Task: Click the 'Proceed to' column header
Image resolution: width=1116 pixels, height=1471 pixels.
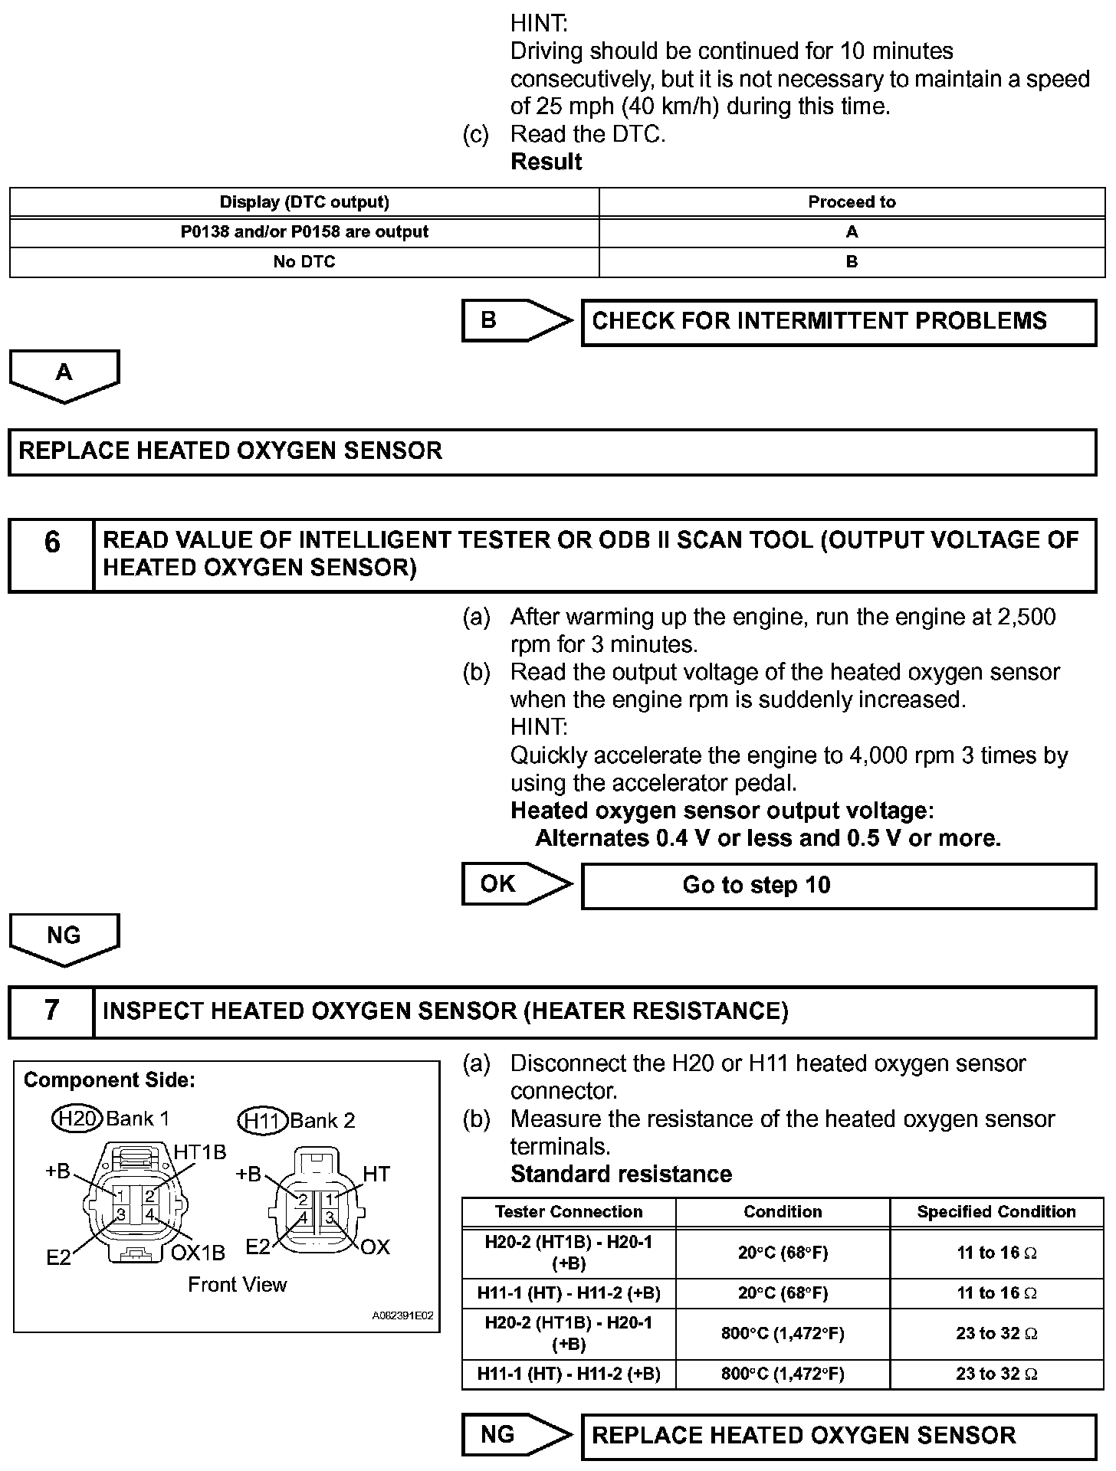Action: point(852,202)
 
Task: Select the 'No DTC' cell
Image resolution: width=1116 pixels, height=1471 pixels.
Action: point(304,262)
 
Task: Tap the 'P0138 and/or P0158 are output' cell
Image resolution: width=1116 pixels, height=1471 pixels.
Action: point(304,232)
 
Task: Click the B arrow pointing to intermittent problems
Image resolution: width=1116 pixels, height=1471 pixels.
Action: point(515,320)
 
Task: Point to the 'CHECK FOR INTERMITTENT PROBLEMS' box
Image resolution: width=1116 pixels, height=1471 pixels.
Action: point(839,322)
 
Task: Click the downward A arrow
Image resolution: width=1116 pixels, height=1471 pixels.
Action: point(64,375)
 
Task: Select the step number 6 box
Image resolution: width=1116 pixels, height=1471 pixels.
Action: point(51,555)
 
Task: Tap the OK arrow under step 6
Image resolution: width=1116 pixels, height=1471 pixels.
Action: point(515,884)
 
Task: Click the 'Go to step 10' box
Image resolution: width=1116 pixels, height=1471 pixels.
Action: point(839,886)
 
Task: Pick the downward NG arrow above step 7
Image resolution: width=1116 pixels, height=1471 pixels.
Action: point(64,939)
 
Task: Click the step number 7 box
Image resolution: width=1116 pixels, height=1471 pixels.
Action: point(51,1011)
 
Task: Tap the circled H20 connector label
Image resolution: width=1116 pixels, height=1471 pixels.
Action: point(77,1119)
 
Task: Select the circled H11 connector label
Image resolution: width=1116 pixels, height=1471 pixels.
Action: point(261,1121)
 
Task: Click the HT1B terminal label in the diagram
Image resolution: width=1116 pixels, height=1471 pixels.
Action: point(199,1152)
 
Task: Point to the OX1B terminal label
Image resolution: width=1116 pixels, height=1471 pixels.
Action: point(198,1253)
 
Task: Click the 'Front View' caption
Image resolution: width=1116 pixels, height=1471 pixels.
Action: point(237,1285)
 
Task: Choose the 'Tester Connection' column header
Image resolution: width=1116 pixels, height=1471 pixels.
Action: point(568,1212)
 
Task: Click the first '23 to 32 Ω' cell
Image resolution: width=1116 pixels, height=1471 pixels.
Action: point(996,1334)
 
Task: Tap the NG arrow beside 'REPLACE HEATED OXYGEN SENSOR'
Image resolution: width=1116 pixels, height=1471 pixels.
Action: point(515,1434)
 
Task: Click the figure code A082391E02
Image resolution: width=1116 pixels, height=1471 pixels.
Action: point(402,1315)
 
